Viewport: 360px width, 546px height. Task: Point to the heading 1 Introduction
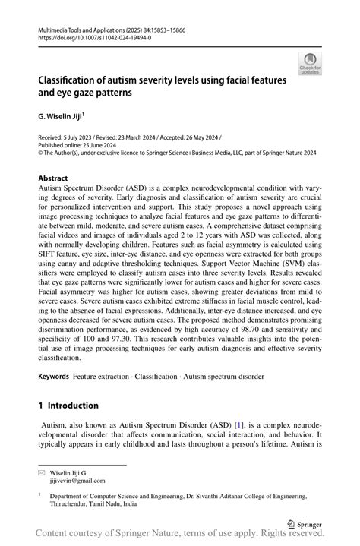pyautogui.click(x=68, y=405)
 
